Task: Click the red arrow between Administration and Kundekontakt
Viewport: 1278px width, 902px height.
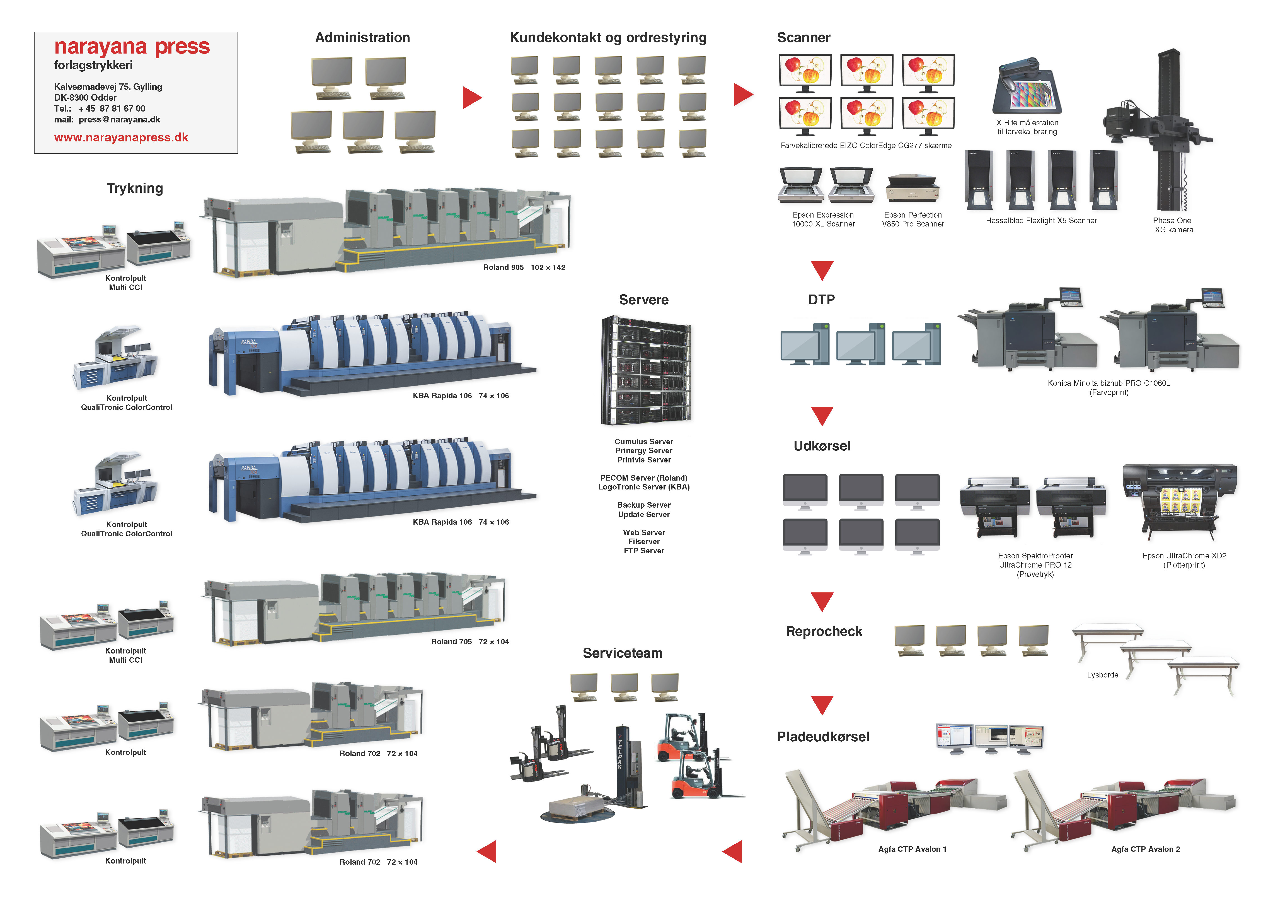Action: pos(472,97)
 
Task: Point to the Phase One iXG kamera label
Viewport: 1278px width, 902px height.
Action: pos(1173,225)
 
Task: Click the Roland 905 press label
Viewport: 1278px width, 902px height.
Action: pos(524,267)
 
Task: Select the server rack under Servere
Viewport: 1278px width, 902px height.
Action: pos(646,370)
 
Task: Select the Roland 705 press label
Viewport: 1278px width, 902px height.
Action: pos(470,641)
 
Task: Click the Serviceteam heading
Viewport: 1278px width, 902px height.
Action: pos(622,653)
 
